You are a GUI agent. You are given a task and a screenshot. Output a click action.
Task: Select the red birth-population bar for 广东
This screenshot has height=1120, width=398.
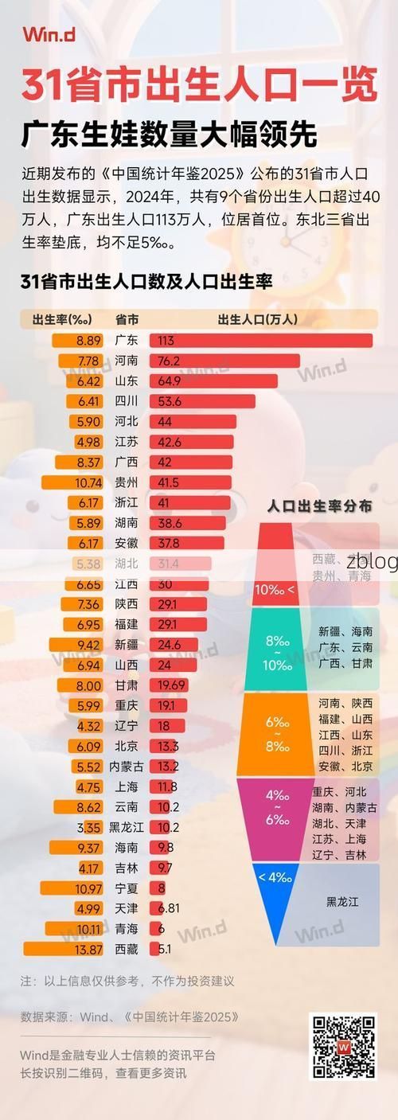click(x=261, y=341)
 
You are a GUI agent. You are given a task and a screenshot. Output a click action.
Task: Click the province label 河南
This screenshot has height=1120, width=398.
click(x=127, y=361)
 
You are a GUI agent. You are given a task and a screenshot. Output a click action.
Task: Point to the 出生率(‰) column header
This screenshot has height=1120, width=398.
click(x=62, y=319)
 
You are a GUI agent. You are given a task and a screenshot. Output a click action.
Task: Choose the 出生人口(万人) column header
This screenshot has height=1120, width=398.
click(x=257, y=319)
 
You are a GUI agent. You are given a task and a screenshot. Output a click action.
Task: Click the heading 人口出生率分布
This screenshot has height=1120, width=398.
click(x=319, y=506)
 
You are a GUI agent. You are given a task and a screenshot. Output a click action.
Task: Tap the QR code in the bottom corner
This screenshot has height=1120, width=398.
click(x=343, y=1046)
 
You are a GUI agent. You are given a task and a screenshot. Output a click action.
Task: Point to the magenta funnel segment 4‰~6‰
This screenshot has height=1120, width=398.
click(x=275, y=818)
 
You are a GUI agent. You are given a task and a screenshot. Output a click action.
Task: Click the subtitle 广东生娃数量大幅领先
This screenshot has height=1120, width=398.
click(x=169, y=133)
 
